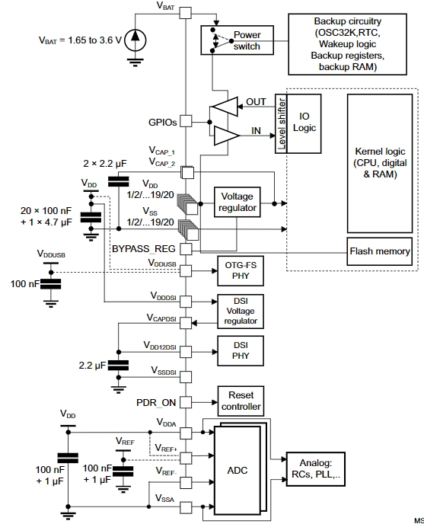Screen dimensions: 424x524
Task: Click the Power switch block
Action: click(237, 40)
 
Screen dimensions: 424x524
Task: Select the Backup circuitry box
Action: click(347, 44)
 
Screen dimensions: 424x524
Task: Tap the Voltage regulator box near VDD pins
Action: click(238, 202)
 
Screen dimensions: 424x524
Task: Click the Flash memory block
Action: click(380, 251)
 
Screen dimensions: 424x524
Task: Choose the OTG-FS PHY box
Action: click(241, 270)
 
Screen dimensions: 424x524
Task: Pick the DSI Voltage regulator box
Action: click(241, 311)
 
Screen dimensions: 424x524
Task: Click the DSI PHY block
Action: click(241, 350)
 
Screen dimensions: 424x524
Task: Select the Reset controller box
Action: click(241, 401)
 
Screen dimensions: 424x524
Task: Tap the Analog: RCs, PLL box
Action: click(316, 469)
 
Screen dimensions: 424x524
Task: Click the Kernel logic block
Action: click(380, 164)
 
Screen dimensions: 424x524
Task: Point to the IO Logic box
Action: click(304, 123)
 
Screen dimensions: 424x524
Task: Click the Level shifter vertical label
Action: click(282, 123)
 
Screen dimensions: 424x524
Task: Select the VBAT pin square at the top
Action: click(186, 13)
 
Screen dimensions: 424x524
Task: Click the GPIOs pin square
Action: click(186, 121)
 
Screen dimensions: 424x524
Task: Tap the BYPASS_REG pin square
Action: click(186, 249)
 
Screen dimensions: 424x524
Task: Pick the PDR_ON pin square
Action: click(186, 402)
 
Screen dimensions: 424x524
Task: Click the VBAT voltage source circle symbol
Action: click(135, 40)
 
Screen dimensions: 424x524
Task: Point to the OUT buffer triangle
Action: click(225, 107)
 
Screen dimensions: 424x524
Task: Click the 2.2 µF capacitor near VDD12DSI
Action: click(119, 365)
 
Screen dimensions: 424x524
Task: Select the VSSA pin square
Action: click(186, 507)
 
